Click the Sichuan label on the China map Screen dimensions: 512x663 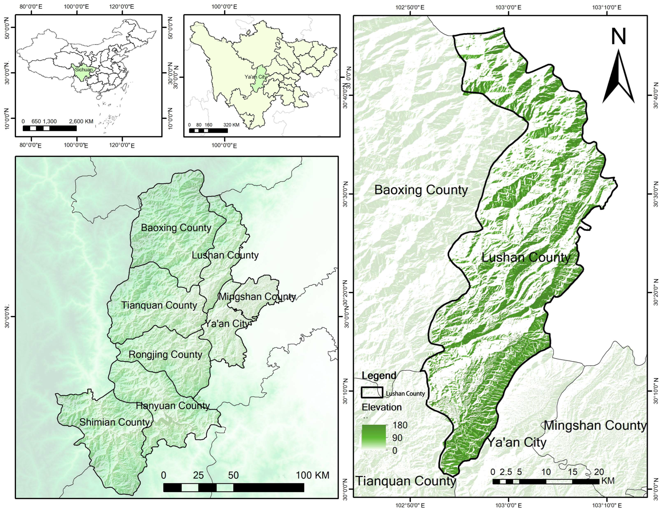tap(83, 69)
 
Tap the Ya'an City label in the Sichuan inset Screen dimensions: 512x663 tap(256, 77)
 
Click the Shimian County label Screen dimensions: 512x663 tap(115, 422)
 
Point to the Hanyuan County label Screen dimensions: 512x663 tap(172, 406)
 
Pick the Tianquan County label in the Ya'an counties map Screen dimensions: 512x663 tap(159, 305)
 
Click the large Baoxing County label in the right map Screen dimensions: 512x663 tap(421, 190)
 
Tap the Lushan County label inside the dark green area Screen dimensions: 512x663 tap(526, 257)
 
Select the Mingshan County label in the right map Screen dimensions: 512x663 tap(595, 425)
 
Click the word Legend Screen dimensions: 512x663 tap(379, 376)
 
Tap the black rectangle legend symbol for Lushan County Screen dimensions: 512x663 tap(372, 392)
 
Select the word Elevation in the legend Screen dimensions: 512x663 tap(381, 407)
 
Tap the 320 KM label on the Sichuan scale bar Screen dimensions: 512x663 tap(231, 125)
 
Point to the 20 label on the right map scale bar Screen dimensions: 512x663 tap(599, 472)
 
